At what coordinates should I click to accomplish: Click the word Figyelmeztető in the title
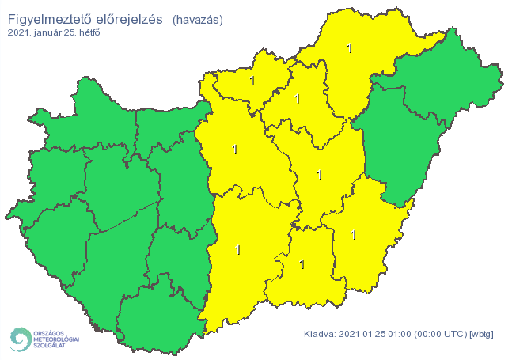pyautogui.click(x=49, y=18)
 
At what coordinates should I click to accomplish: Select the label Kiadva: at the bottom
pyautogui.click(x=319, y=335)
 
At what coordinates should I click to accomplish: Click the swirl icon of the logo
pyautogui.click(x=19, y=339)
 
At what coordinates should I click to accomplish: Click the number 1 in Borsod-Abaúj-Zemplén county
pyautogui.click(x=349, y=48)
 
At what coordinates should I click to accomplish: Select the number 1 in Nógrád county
pyautogui.click(x=252, y=81)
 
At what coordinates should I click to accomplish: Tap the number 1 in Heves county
pyautogui.click(x=298, y=99)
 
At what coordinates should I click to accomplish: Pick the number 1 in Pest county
pyautogui.click(x=234, y=149)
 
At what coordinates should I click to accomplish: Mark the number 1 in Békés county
pyautogui.click(x=353, y=235)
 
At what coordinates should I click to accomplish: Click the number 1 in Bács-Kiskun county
pyautogui.click(x=237, y=250)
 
